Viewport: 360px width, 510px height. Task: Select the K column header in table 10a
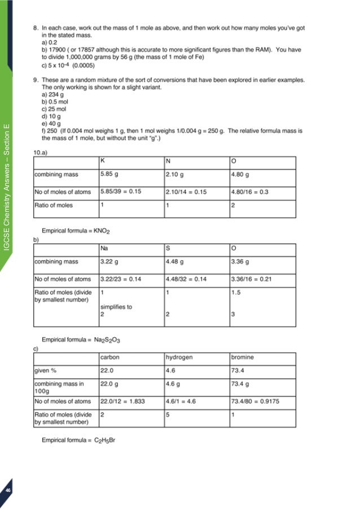point(103,160)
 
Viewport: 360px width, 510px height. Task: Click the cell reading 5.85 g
point(109,175)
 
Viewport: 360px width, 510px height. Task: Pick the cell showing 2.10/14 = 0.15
point(186,192)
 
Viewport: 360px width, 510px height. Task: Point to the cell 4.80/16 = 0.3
point(249,192)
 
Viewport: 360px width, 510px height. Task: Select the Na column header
point(104,248)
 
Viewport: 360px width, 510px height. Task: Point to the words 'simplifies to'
point(116,307)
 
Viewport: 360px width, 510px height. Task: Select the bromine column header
point(243,358)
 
